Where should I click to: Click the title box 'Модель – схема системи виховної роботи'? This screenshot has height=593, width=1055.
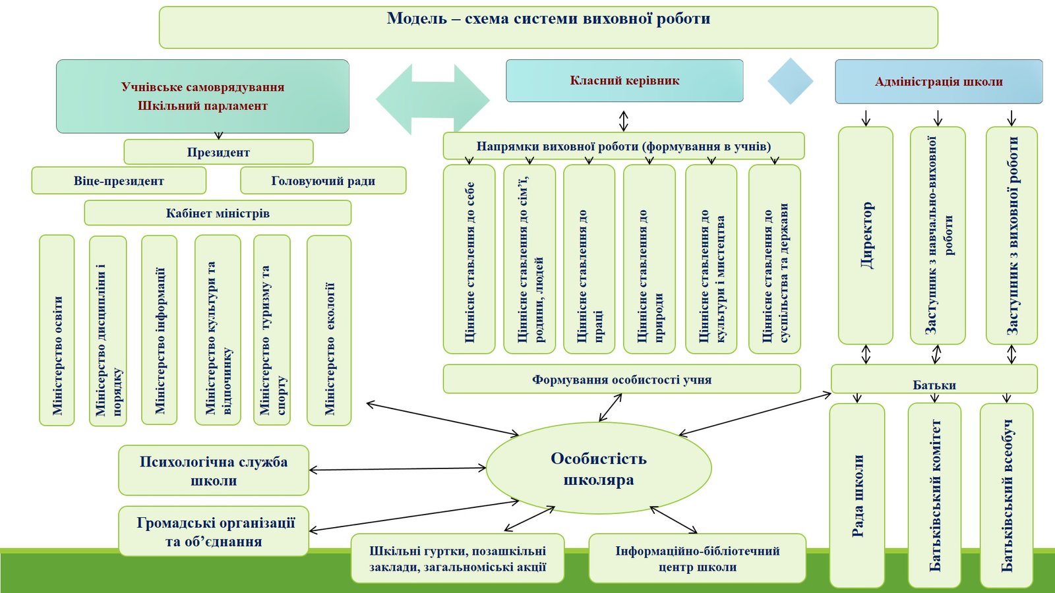[x=548, y=27]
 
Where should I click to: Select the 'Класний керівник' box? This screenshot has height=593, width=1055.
[x=624, y=80]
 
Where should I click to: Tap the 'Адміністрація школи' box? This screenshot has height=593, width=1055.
[x=938, y=82]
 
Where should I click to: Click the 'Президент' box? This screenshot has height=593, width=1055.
[x=218, y=152]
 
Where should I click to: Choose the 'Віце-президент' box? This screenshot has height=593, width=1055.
[x=119, y=181]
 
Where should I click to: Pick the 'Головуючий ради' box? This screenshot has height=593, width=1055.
[x=323, y=181]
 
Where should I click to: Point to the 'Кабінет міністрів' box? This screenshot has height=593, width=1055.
[x=218, y=213]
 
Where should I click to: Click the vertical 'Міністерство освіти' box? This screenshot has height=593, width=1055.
[x=57, y=330]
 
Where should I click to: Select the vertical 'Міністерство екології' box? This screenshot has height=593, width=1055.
[x=329, y=330]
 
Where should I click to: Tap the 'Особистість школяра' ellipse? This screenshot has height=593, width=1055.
[x=599, y=468]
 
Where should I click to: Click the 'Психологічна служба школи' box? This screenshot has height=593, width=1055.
[x=214, y=470]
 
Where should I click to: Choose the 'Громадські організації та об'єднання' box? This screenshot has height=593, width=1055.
[x=214, y=531]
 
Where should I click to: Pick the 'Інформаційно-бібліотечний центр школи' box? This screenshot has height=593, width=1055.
[x=697, y=558]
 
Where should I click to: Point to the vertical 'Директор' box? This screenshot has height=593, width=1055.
[x=865, y=235]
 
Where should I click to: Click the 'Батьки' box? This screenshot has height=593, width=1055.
[x=934, y=380]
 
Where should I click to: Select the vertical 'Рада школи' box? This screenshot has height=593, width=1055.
[x=857, y=495]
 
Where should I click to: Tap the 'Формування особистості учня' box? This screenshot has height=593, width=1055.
[x=622, y=379]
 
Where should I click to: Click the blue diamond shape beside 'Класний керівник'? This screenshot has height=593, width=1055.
[x=790, y=81]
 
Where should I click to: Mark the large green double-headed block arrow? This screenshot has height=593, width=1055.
[x=433, y=99]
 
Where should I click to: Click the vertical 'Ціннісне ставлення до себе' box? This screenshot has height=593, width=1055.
[x=469, y=259]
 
